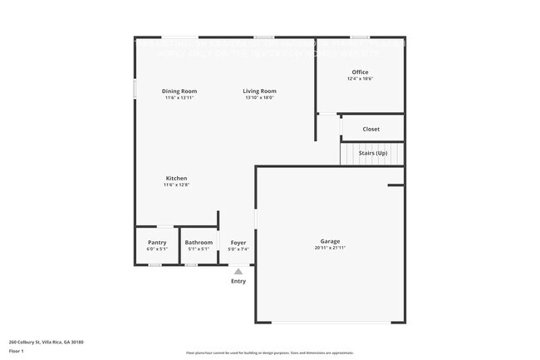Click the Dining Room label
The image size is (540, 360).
tap(179, 91)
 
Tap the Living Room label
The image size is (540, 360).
tap(259, 91)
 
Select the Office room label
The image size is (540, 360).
tap(360, 72)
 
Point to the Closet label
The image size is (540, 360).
tap(371, 129)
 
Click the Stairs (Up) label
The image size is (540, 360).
tap(373, 153)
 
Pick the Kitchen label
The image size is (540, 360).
tap(176, 178)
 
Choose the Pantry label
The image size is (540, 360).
tap(157, 243)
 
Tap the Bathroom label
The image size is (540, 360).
tap(199, 243)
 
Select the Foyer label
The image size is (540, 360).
tap(238, 243)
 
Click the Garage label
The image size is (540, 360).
tap(331, 242)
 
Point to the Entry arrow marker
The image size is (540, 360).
tap(238, 270)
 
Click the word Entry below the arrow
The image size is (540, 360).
tap(238, 281)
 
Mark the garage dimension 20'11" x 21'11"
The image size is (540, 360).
tap(331, 249)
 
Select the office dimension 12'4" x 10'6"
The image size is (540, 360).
tap(360, 79)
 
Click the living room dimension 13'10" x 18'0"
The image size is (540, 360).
tap(259, 97)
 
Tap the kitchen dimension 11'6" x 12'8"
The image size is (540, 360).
tap(176, 185)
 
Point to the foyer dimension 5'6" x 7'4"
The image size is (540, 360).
tap(238, 249)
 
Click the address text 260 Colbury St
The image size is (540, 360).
tap(46, 342)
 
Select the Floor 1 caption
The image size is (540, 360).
tap(17, 352)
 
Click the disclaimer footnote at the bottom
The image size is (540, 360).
tap(269, 353)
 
